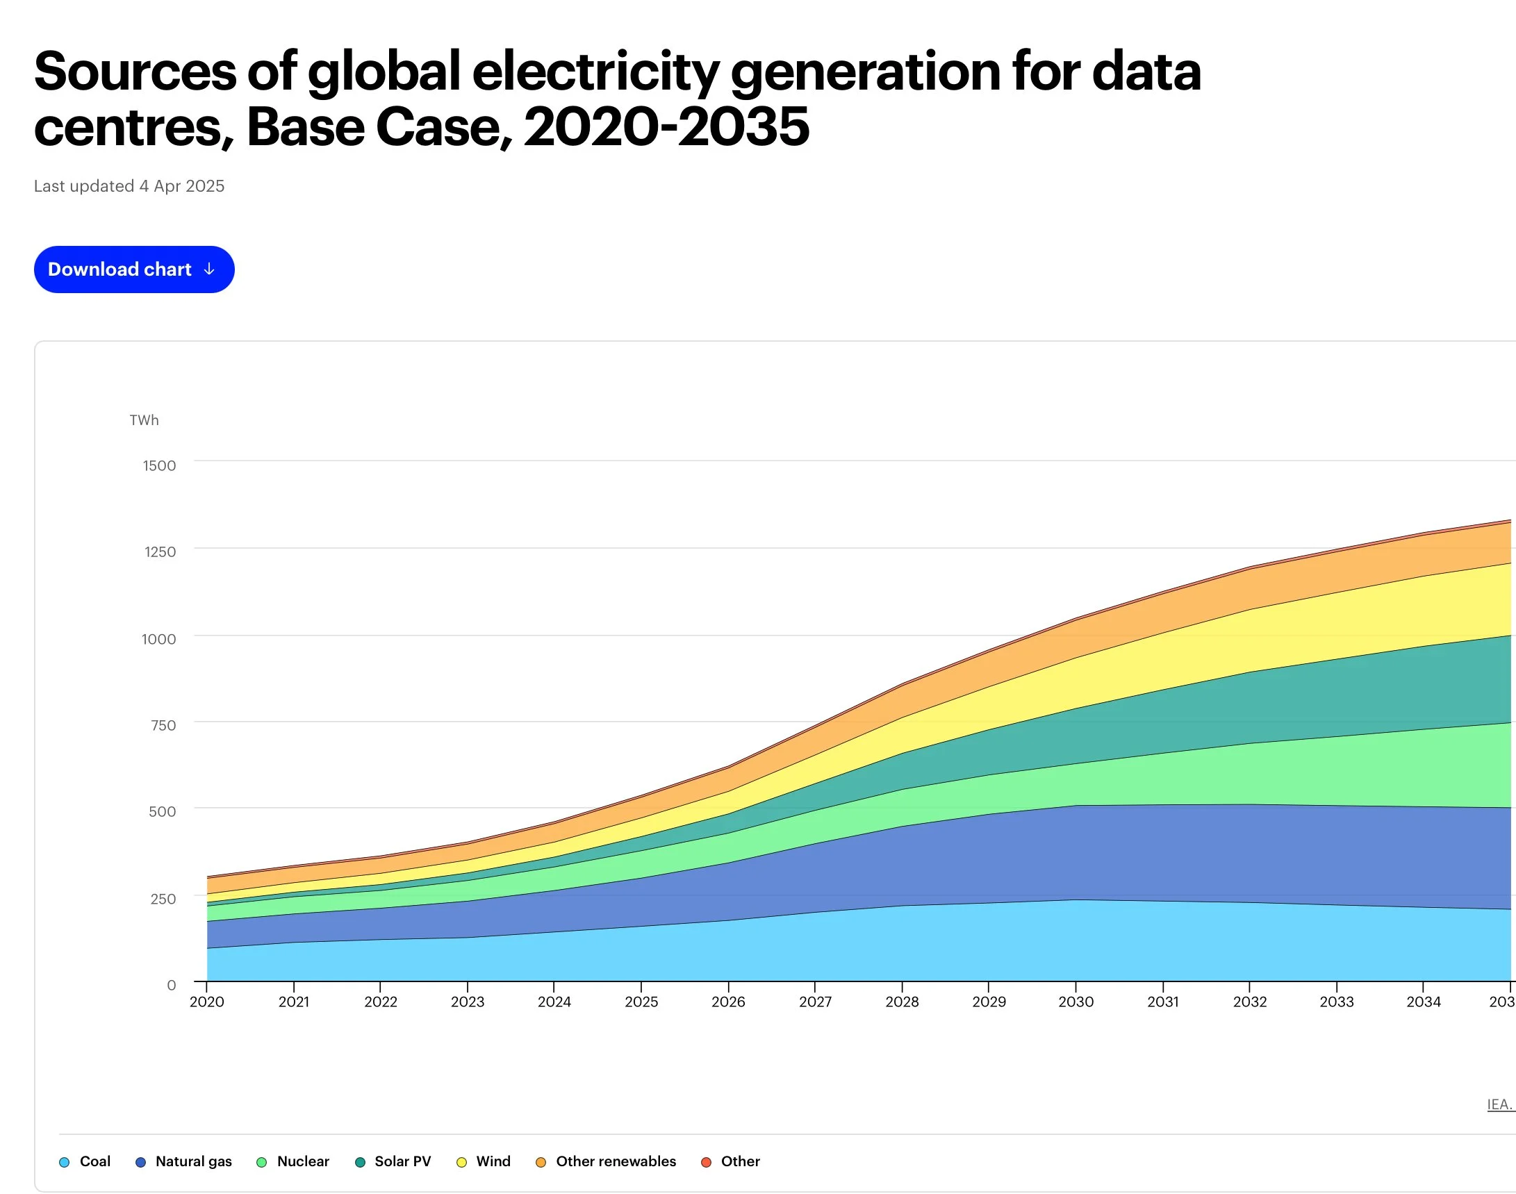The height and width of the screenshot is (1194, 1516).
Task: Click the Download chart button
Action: [134, 269]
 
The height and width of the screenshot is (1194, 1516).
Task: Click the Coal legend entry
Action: [85, 1161]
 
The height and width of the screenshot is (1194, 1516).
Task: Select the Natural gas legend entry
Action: [183, 1161]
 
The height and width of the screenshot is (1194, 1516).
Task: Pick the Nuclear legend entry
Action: [293, 1161]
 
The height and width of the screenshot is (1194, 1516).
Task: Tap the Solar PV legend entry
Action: [393, 1161]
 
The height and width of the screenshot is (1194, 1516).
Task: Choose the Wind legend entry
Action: [483, 1161]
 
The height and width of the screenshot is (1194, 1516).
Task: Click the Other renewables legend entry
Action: [607, 1161]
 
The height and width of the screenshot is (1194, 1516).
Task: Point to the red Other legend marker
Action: [707, 1162]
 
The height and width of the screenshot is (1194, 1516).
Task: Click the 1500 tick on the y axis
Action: [159, 465]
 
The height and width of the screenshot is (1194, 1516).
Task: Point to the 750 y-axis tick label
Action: [163, 725]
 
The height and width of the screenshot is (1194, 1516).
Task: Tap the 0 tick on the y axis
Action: [172, 985]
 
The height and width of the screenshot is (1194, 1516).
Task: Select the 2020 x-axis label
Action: [207, 1002]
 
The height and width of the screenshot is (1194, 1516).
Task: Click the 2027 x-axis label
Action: [816, 1002]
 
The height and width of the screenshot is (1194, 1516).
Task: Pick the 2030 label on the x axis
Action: [1076, 1002]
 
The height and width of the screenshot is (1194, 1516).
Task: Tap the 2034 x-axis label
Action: [1424, 1002]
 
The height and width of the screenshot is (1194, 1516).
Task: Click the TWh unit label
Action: [144, 420]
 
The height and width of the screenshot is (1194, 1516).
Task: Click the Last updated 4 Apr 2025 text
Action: [129, 186]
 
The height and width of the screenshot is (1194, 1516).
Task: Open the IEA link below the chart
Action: [1501, 1104]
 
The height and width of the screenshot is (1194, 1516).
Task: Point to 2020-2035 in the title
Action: [666, 127]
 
